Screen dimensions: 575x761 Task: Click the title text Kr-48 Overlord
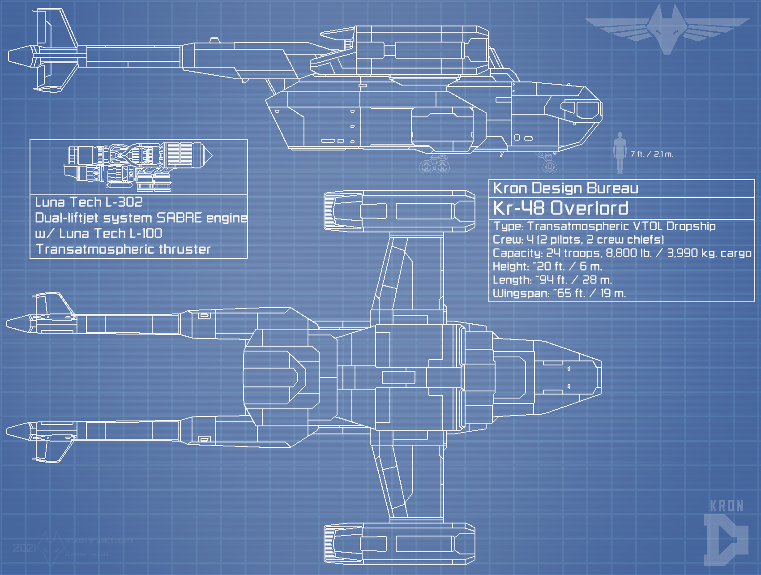tap(560, 208)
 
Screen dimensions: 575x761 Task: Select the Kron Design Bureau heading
tap(565, 188)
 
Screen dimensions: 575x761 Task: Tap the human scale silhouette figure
tap(620, 153)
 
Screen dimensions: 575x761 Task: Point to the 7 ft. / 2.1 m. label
tap(651, 154)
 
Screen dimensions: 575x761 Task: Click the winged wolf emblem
tap(667, 29)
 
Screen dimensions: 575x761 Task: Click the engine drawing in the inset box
tap(139, 166)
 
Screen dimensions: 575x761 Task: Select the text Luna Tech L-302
tap(89, 202)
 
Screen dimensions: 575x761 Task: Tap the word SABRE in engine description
tap(179, 218)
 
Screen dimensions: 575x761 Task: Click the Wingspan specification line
tap(559, 293)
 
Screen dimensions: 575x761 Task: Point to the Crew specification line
tap(578, 240)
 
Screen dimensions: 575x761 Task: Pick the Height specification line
tap(547, 266)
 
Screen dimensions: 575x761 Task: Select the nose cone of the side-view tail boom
tap(20, 56)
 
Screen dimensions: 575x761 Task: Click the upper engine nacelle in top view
tap(399, 210)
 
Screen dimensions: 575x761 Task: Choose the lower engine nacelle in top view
tap(399, 544)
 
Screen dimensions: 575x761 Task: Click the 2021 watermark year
tap(24, 548)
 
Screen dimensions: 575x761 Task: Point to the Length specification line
tap(552, 280)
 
